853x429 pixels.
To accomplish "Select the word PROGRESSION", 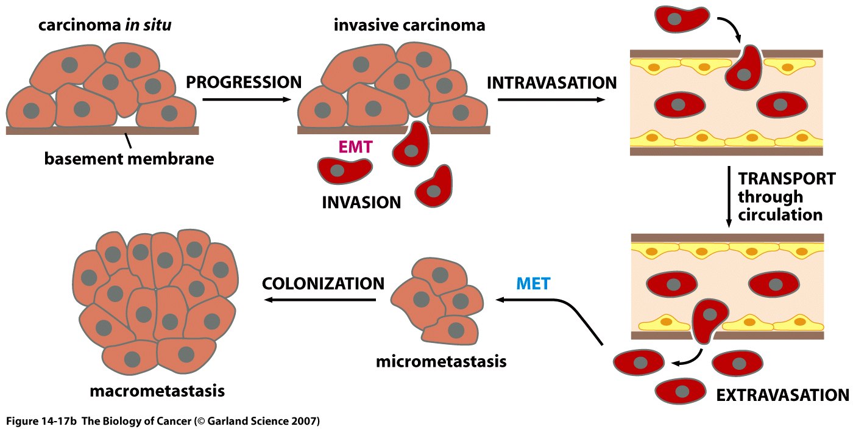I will click(244, 82).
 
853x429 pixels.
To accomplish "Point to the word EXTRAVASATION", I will click(782, 395).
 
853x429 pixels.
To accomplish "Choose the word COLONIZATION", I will click(323, 283).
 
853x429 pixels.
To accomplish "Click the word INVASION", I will click(361, 202).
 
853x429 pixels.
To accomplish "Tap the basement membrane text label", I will click(129, 159).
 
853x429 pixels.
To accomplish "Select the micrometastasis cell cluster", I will click(436, 300).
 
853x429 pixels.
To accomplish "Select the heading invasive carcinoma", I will click(409, 26).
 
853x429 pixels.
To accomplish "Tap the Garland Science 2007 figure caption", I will click(163, 422).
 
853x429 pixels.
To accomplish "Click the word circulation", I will click(780, 215).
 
